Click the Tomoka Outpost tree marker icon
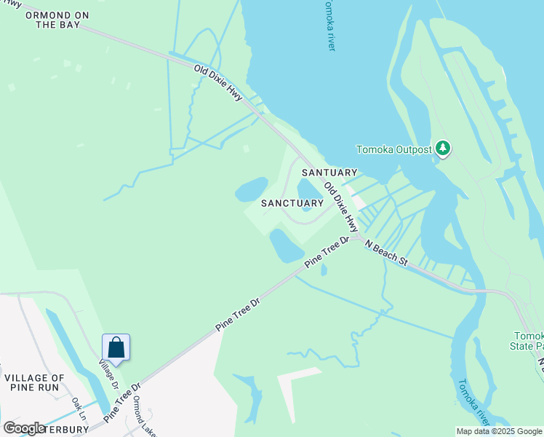pos(443,149)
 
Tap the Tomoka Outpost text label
pos(393,150)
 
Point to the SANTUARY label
pos(329,173)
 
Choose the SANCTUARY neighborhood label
pos(292,202)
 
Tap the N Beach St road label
pos(388,254)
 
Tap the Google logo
pos(24,428)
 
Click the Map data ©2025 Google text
pos(499,431)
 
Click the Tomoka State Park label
pos(529,340)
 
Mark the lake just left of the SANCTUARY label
pos(251,189)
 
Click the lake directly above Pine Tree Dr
pos(286,245)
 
